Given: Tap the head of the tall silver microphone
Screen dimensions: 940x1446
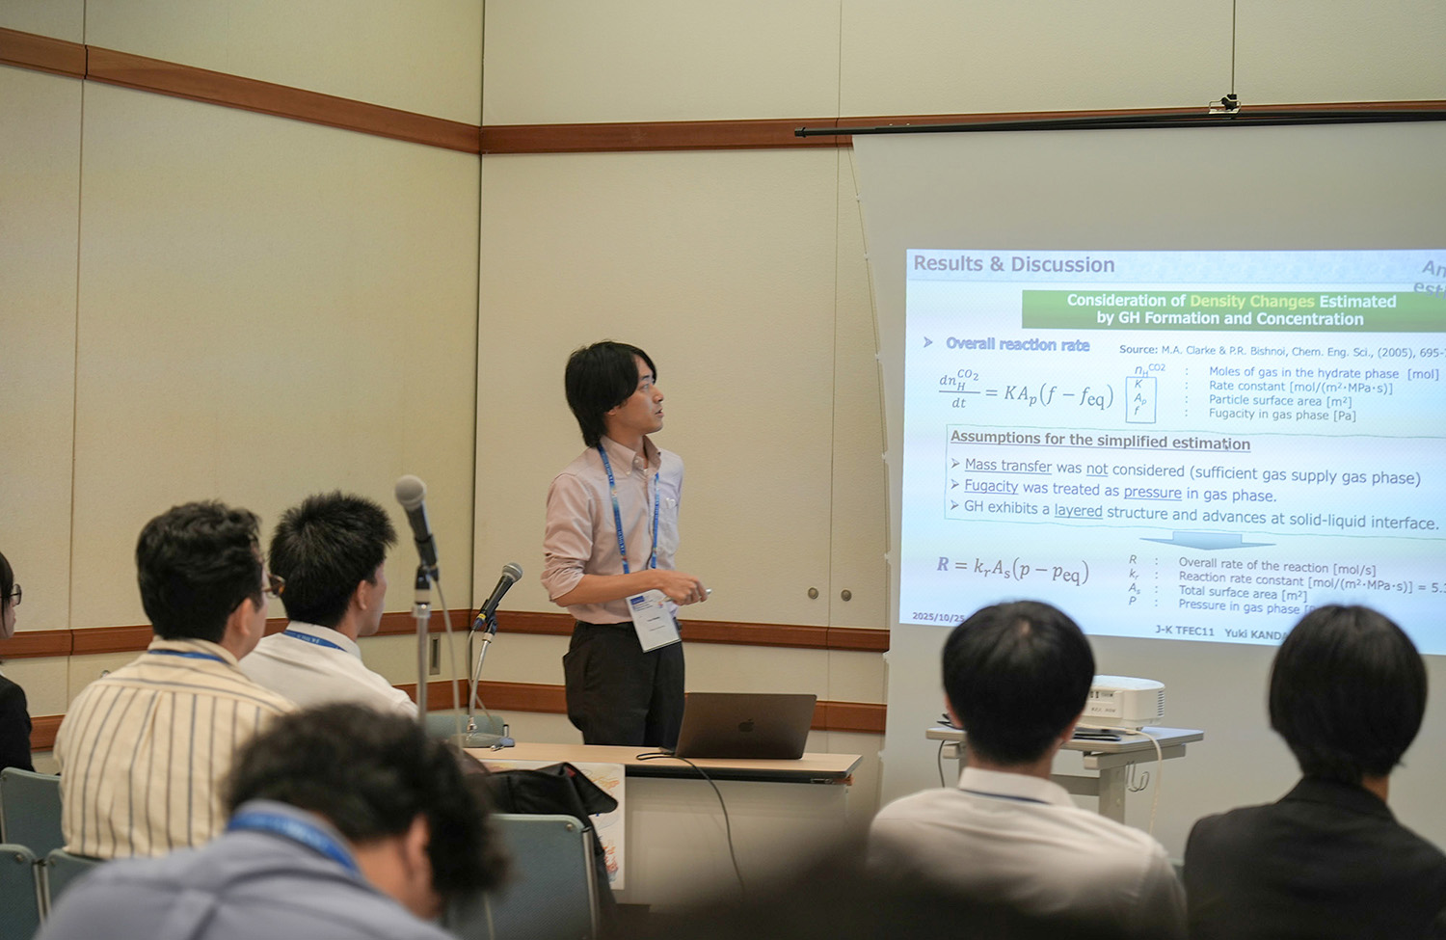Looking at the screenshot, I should pyautogui.click(x=412, y=495).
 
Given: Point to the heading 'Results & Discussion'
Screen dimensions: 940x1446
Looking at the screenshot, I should pyautogui.click(x=1013, y=264).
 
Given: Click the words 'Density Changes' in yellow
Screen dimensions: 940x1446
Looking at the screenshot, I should pyautogui.click(x=1251, y=302).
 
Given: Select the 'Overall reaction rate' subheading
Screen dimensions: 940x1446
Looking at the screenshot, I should pyautogui.click(x=1017, y=344).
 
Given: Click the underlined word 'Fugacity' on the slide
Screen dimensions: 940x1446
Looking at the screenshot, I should pyautogui.click(x=991, y=487).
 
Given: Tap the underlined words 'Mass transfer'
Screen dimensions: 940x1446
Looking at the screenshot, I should pyautogui.click(x=1007, y=466).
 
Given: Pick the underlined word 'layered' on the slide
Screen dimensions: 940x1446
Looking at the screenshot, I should pyautogui.click(x=1078, y=511).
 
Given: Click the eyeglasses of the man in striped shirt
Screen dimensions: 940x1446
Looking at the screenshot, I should pyautogui.click(x=273, y=585).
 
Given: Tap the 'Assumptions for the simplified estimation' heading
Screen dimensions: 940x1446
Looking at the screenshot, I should pyautogui.click(x=1100, y=441).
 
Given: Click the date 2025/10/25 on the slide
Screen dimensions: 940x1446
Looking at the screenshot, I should pyautogui.click(x=937, y=616).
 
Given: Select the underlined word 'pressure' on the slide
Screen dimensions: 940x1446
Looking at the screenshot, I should pyautogui.click(x=1152, y=493).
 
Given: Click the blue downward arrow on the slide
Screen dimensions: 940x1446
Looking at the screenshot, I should pyautogui.click(x=1206, y=541).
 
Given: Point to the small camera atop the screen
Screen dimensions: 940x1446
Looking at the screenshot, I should pyautogui.click(x=1228, y=101).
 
